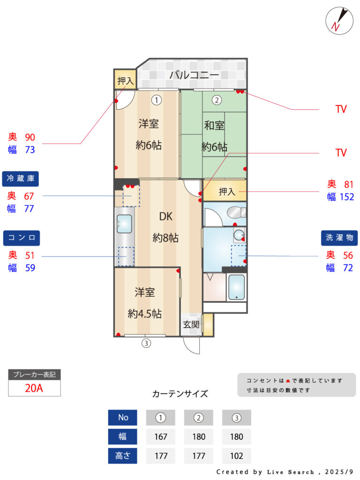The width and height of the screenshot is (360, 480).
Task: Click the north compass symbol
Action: coord(339,21)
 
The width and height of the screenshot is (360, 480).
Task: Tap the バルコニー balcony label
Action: coord(194,75)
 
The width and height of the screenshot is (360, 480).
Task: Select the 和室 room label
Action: coord(214,126)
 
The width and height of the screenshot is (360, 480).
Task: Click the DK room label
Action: coord(165,217)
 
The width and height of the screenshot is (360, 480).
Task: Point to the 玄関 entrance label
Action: coord(191,324)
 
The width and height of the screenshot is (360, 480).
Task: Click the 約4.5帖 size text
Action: coord(144,314)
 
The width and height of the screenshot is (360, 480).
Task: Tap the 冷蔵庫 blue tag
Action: coord(21,179)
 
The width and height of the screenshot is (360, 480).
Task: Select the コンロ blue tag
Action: coord(22,238)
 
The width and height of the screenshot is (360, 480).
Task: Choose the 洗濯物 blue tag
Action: coord(339,238)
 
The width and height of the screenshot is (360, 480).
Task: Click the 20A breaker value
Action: coord(34,388)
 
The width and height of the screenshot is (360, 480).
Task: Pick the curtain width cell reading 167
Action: coord(161,436)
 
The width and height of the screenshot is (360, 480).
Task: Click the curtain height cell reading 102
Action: coord(237,456)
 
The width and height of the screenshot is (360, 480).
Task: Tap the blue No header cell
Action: coord(122,418)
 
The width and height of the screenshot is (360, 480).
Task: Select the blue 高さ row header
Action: coord(122,456)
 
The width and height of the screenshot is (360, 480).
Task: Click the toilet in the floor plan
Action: coord(236,212)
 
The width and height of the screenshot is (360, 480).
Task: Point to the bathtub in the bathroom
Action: coord(237,287)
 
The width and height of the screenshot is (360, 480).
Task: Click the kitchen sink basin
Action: coord(124,224)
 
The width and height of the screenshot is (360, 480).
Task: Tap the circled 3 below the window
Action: coord(146,343)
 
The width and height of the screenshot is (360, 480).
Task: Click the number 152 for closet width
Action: coord(347,197)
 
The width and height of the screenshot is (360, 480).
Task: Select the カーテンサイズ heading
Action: coord(180,394)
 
